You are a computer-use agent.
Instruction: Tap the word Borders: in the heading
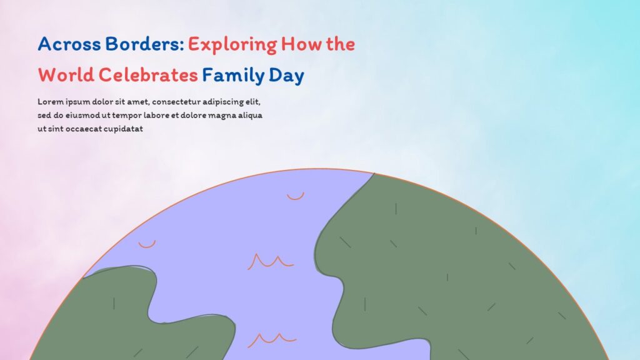(145, 44)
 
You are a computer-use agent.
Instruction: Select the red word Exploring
(232, 44)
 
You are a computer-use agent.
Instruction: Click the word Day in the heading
(287, 76)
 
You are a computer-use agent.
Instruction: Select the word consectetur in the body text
(181, 101)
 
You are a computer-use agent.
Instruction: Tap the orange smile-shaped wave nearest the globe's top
(295, 196)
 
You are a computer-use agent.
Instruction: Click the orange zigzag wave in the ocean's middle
(271, 261)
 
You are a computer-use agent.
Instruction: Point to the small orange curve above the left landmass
(147, 244)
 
